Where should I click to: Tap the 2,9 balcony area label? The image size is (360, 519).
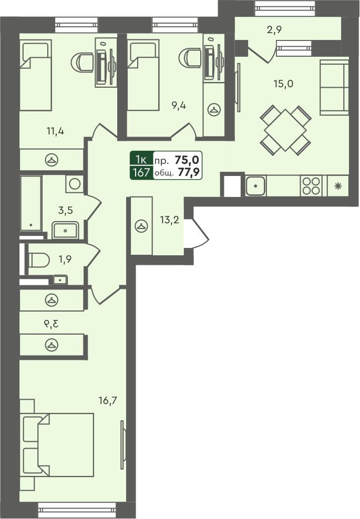click(274, 30)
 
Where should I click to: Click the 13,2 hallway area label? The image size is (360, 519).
click(170, 220)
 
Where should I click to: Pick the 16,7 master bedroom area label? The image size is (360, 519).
click(107, 401)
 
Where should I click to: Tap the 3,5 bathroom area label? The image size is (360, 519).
click(65, 211)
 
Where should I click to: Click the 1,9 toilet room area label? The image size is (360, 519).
click(65, 259)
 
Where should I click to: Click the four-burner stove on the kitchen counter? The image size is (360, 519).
click(311, 185)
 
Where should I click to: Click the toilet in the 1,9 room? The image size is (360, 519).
click(38, 259)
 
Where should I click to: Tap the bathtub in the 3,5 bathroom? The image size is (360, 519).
click(30, 203)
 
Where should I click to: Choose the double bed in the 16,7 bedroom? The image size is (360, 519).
click(58, 444)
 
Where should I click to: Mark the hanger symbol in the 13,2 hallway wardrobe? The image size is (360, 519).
click(141, 226)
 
